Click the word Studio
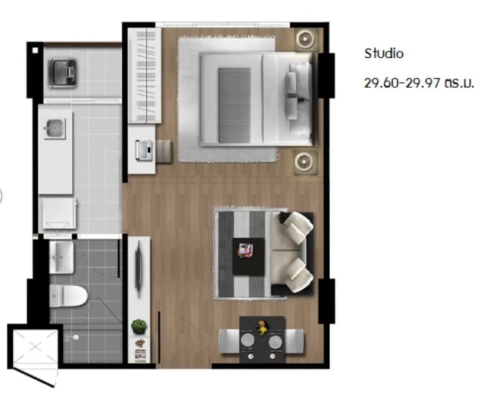pos(384,54)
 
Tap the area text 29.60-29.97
pos(402,84)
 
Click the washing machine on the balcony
pos(63,71)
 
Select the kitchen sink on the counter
pos(53,129)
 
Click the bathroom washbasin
pos(61,257)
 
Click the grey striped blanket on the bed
pos(234,104)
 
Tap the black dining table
pos(262,339)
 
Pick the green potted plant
pos(137,326)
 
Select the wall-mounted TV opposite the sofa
pos(139,267)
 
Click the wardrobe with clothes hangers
pos(145,76)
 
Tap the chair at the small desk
pos(164,151)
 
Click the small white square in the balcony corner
pos(35,50)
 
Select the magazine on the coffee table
pos(245,250)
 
